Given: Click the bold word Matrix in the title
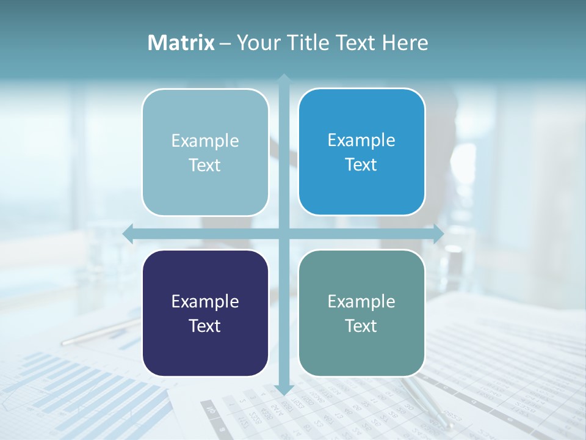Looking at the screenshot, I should point(181,43).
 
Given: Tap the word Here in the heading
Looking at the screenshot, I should point(405,43).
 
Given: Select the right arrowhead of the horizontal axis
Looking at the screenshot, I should point(438,233).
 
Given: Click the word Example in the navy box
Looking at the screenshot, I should point(205,302).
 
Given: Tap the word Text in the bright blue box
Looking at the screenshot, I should point(361,165).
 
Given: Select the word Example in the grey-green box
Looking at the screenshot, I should point(361,302).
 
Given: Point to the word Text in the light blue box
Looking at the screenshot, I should point(205,166).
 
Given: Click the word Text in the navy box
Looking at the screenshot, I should point(205,326).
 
